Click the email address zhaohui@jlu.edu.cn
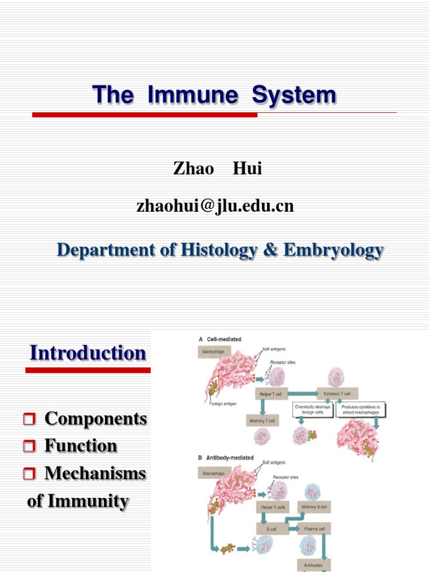(215, 206)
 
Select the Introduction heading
(88, 353)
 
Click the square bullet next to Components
(31, 419)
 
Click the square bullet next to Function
(31, 446)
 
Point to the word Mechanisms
(95, 474)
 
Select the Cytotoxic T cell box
(337, 394)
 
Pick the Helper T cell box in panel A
(270, 394)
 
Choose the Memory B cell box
(315, 507)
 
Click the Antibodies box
(313, 565)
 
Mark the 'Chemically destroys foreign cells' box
(313, 410)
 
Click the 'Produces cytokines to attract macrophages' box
(362, 410)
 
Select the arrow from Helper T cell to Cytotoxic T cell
(302, 394)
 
